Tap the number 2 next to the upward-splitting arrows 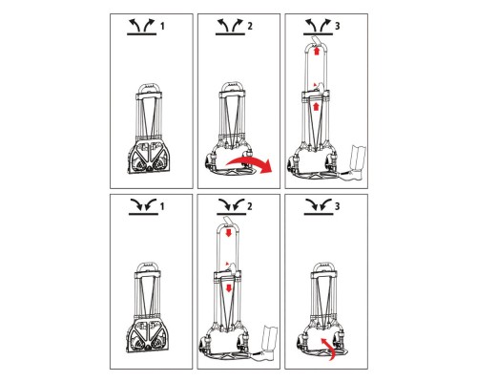pos(250,26)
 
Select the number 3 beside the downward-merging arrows pos(338,206)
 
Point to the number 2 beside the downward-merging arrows pos(250,206)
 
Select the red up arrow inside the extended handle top pos(316,51)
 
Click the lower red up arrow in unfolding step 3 pos(316,106)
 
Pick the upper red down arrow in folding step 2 pos(228,233)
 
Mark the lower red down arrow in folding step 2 pos(228,288)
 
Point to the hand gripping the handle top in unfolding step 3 pos(316,41)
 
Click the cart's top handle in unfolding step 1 pos(149,88)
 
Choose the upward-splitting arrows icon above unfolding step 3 pos(318,27)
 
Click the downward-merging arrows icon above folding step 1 pos(143,207)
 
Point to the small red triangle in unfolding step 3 pos(315,85)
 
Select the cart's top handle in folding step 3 pos(323,267)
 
